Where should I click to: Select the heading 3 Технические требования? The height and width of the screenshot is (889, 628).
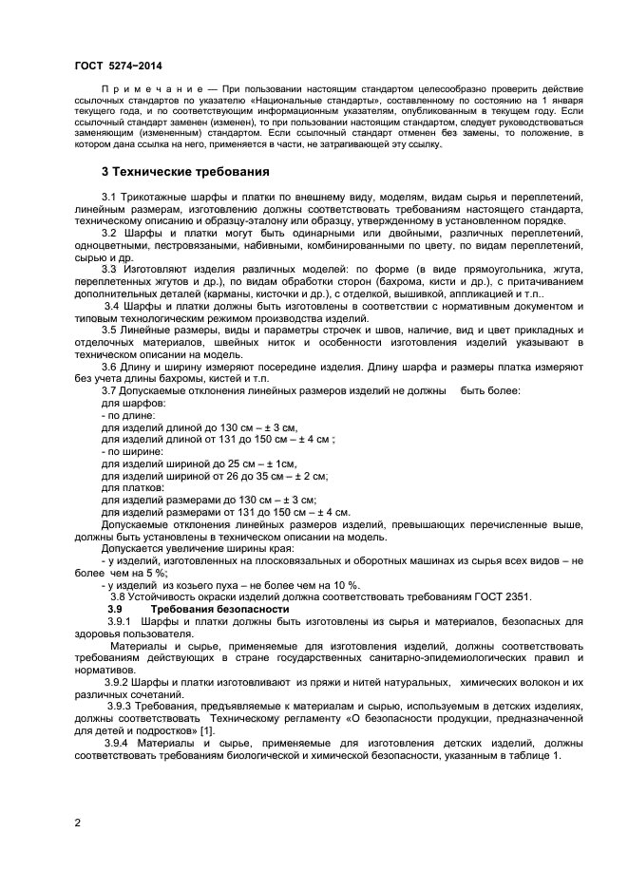coord(185,172)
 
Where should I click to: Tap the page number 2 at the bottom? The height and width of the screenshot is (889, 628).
coord(77,822)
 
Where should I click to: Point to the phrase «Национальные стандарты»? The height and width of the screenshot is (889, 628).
coord(328,101)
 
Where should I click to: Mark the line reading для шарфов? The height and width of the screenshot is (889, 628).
coord(133,403)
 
